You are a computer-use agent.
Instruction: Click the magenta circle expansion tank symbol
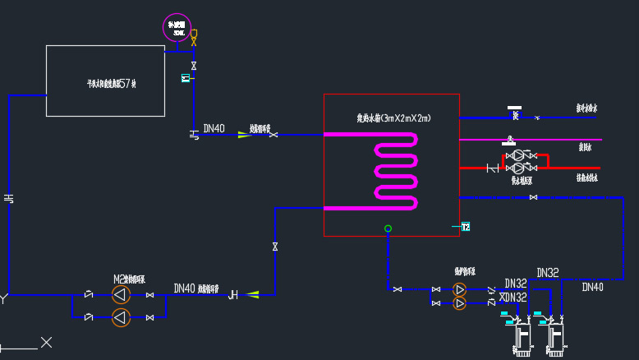point(177,25)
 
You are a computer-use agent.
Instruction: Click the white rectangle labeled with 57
point(105,81)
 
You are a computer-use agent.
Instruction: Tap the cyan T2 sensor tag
point(465,227)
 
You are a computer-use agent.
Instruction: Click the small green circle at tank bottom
point(388,228)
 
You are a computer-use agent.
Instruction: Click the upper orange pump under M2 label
point(121,295)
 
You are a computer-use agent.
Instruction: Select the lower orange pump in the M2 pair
point(121,316)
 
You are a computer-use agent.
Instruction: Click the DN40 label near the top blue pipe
point(214,128)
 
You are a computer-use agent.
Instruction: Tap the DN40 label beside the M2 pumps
point(184,288)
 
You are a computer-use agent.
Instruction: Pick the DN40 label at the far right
point(592,287)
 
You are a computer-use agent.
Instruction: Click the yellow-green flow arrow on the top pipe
point(244,135)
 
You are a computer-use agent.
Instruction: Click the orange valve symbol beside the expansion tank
point(194,38)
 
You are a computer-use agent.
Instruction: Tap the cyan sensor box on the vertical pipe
point(185,78)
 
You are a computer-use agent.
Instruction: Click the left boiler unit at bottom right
point(521,337)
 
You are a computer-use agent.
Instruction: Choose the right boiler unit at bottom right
point(555,337)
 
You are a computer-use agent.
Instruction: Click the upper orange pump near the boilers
point(459,289)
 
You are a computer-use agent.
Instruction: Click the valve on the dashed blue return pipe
point(533,197)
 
